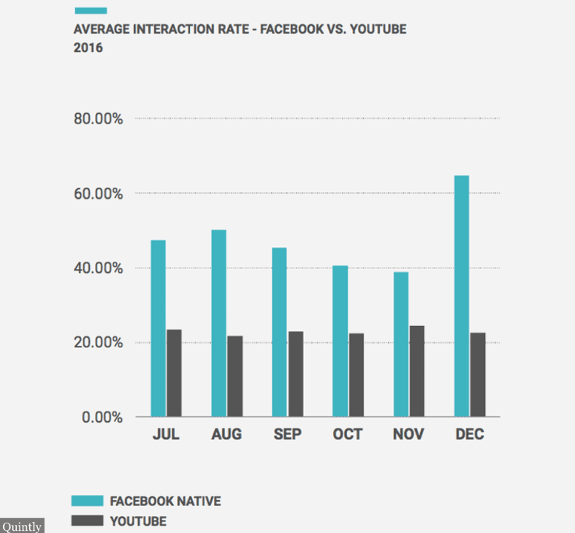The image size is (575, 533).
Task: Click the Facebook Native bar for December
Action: [x=461, y=296]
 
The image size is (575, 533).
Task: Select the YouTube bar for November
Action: [x=416, y=371]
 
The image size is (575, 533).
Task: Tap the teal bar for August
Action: [x=218, y=323]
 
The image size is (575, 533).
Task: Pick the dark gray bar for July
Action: [x=174, y=373]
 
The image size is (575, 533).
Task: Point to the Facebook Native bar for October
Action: [x=340, y=341]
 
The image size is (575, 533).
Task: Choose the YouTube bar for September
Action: [x=295, y=374]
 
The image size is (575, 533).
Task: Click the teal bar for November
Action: [x=400, y=344]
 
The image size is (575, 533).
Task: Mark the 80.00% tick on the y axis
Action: [x=98, y=119]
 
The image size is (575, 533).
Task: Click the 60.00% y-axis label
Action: [x=98, y=194]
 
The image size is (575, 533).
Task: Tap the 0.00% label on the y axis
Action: [x=102, y=417]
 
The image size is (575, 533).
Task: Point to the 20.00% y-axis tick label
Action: [x=98, y=343]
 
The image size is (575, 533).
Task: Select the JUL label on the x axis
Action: [x=166, y=434]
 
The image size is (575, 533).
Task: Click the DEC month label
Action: [x=469, y=434]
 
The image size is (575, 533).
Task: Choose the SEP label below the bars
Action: [x=287, y=434]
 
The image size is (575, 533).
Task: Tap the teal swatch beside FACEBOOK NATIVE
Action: [x=87, y=501]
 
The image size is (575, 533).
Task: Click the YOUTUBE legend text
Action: [x=138, y=521]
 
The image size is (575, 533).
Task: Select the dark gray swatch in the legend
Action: [x=87, y=521]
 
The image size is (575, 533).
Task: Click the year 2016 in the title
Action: [x=88, y=48]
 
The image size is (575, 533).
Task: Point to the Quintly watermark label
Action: [x=22, y=526]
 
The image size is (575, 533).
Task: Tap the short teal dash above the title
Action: [x=91, y=10]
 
